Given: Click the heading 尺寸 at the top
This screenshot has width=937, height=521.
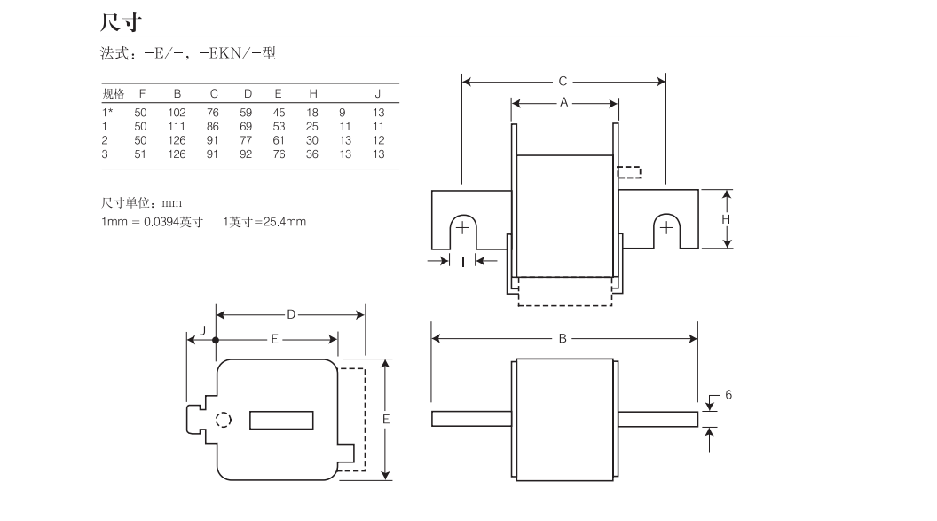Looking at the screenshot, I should (120, 20).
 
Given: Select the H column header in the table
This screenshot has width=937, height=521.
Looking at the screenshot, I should (312, 94).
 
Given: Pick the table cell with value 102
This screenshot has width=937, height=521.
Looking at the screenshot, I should (177, 113).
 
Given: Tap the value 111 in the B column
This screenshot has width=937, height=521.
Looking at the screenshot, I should (177, 127).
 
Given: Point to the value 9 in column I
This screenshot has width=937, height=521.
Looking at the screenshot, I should (343, 113).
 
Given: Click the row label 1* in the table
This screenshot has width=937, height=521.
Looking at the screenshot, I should (107, 113).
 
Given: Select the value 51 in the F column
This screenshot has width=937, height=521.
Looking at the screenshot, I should (140, 154).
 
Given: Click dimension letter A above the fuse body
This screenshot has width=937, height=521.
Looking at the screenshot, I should (563, 102).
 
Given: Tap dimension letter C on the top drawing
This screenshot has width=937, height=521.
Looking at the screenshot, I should (563, 82).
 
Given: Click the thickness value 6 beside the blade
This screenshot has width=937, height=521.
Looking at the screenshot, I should (728, 394).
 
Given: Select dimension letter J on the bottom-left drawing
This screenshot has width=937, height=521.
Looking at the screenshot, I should (203, 330).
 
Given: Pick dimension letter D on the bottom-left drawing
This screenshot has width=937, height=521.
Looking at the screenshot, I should (290, 314).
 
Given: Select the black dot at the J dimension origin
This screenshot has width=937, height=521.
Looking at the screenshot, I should (217, 339).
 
